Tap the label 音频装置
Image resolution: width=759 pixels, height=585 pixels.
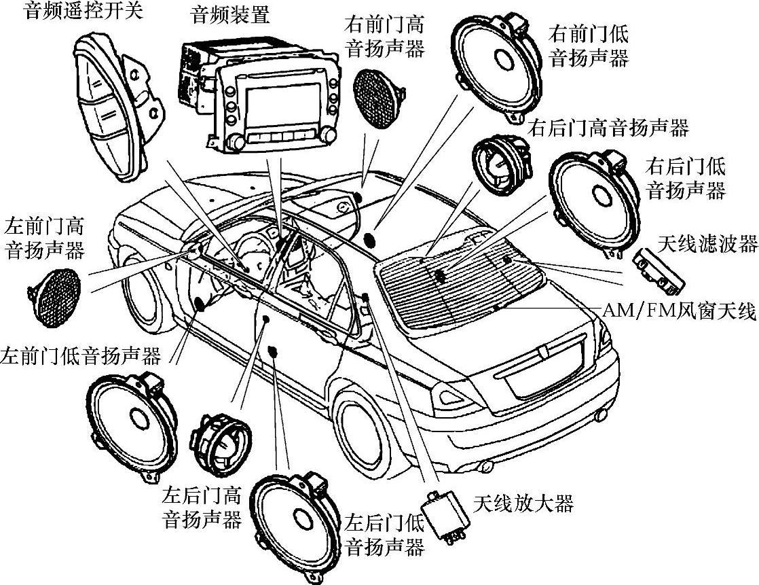231,15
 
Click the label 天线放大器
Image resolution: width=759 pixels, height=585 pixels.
523,503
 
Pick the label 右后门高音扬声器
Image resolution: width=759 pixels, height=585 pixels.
608,127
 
